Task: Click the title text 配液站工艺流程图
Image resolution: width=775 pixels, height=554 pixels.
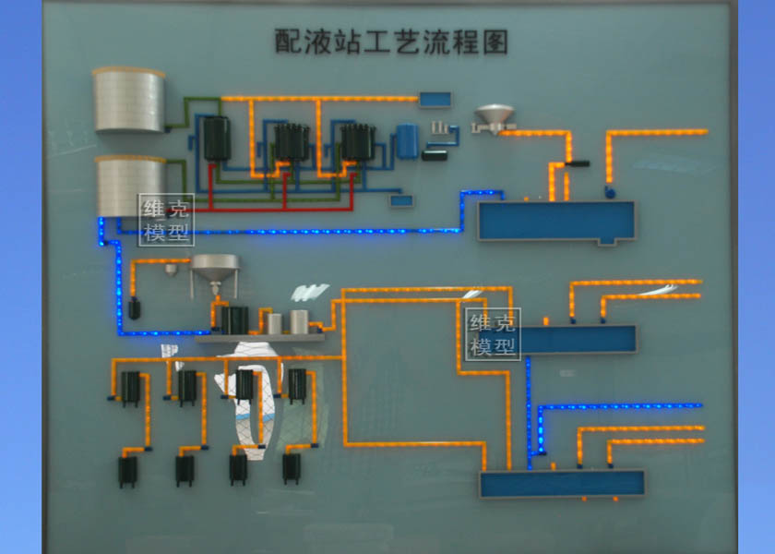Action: coord(391,42)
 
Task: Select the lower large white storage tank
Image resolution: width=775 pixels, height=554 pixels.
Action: coord(128,185)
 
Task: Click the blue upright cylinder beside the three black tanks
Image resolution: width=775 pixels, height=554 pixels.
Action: coord(406,140)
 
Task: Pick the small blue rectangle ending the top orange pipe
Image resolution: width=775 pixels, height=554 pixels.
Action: coord(435,99)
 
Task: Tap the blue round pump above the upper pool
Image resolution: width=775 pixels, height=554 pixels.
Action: coord(609,191)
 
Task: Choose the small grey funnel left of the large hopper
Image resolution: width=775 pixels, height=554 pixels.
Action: coord(172,271)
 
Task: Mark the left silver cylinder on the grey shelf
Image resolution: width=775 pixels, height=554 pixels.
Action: coord(274,323)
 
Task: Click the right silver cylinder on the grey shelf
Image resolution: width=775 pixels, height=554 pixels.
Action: coord(299,321)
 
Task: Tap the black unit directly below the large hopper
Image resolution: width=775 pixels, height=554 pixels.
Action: coord(234,319)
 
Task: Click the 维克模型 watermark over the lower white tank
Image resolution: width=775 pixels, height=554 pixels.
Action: coord(166,220)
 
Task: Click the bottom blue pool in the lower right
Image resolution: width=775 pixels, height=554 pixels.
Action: coord(562,484)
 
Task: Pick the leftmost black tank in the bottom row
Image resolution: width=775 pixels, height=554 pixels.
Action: coord(127,471)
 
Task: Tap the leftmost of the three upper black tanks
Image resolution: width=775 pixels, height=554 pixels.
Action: coord(216,138)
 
